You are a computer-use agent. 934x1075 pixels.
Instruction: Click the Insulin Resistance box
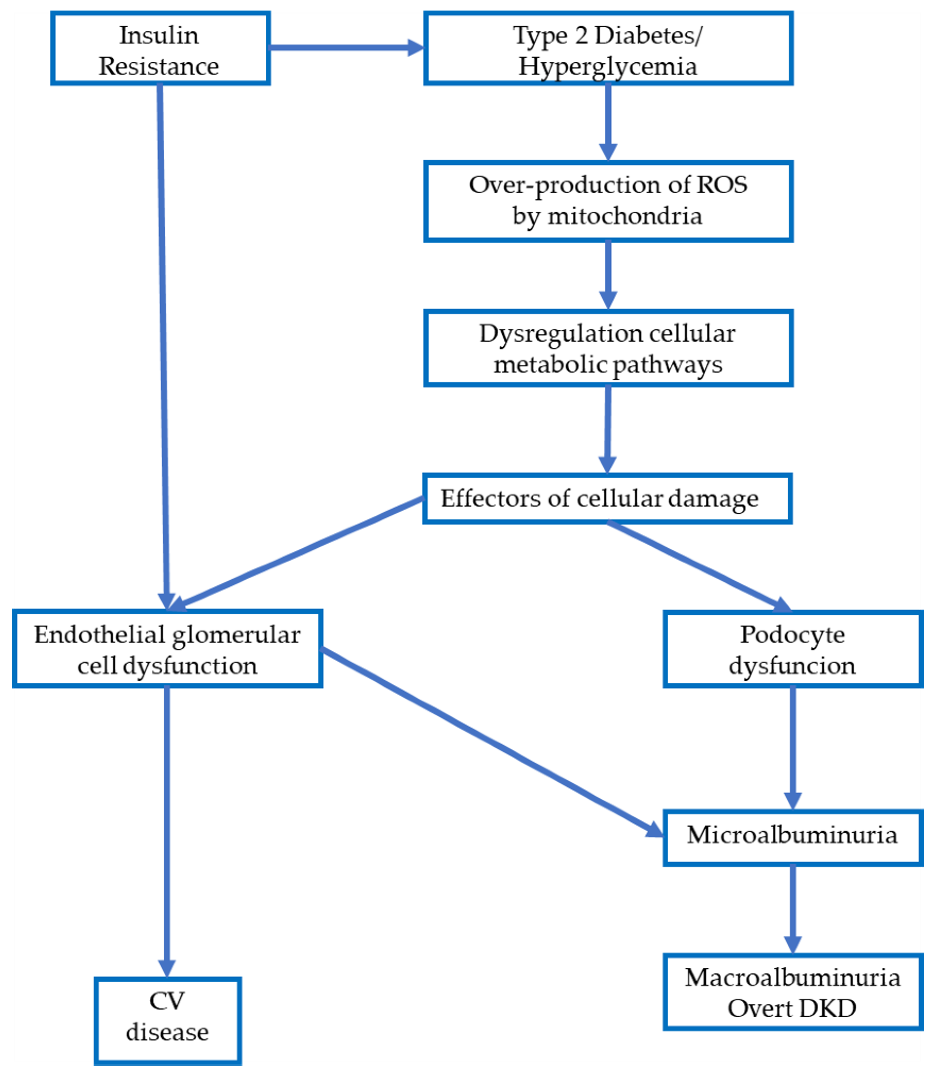(x=160, y=49)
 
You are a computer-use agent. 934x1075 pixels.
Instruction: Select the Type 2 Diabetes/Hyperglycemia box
(x=608, y=49)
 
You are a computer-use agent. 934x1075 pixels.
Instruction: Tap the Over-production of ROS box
(x=608, y=201)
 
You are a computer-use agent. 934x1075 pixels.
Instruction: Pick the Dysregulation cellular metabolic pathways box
(x=608, y=348)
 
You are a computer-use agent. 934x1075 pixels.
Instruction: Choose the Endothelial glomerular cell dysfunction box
(x=167, y=649)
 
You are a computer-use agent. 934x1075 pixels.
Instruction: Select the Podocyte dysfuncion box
(x=792, y=649)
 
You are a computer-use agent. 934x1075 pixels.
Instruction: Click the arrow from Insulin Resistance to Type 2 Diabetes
(x=344, y=47)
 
